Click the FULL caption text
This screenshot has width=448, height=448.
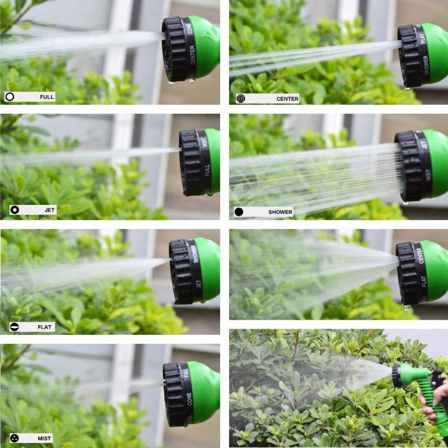click(46, 97)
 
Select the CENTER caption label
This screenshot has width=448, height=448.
click(287, 99)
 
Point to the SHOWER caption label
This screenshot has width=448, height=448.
click(280, 212)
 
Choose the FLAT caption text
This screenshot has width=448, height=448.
click(46, 326)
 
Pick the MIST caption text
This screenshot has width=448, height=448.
click(45, 438)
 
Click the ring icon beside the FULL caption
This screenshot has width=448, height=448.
click(10, 97)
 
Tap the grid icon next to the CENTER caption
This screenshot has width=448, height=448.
click(241, 99)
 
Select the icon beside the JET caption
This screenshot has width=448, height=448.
click(15, 210)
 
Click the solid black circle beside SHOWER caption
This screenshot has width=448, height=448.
click(239, 212)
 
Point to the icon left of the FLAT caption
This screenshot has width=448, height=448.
click(15, 326)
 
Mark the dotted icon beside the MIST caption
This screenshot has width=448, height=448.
click(15, 438)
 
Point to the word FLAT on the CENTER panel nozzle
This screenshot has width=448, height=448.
click(423, 36)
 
